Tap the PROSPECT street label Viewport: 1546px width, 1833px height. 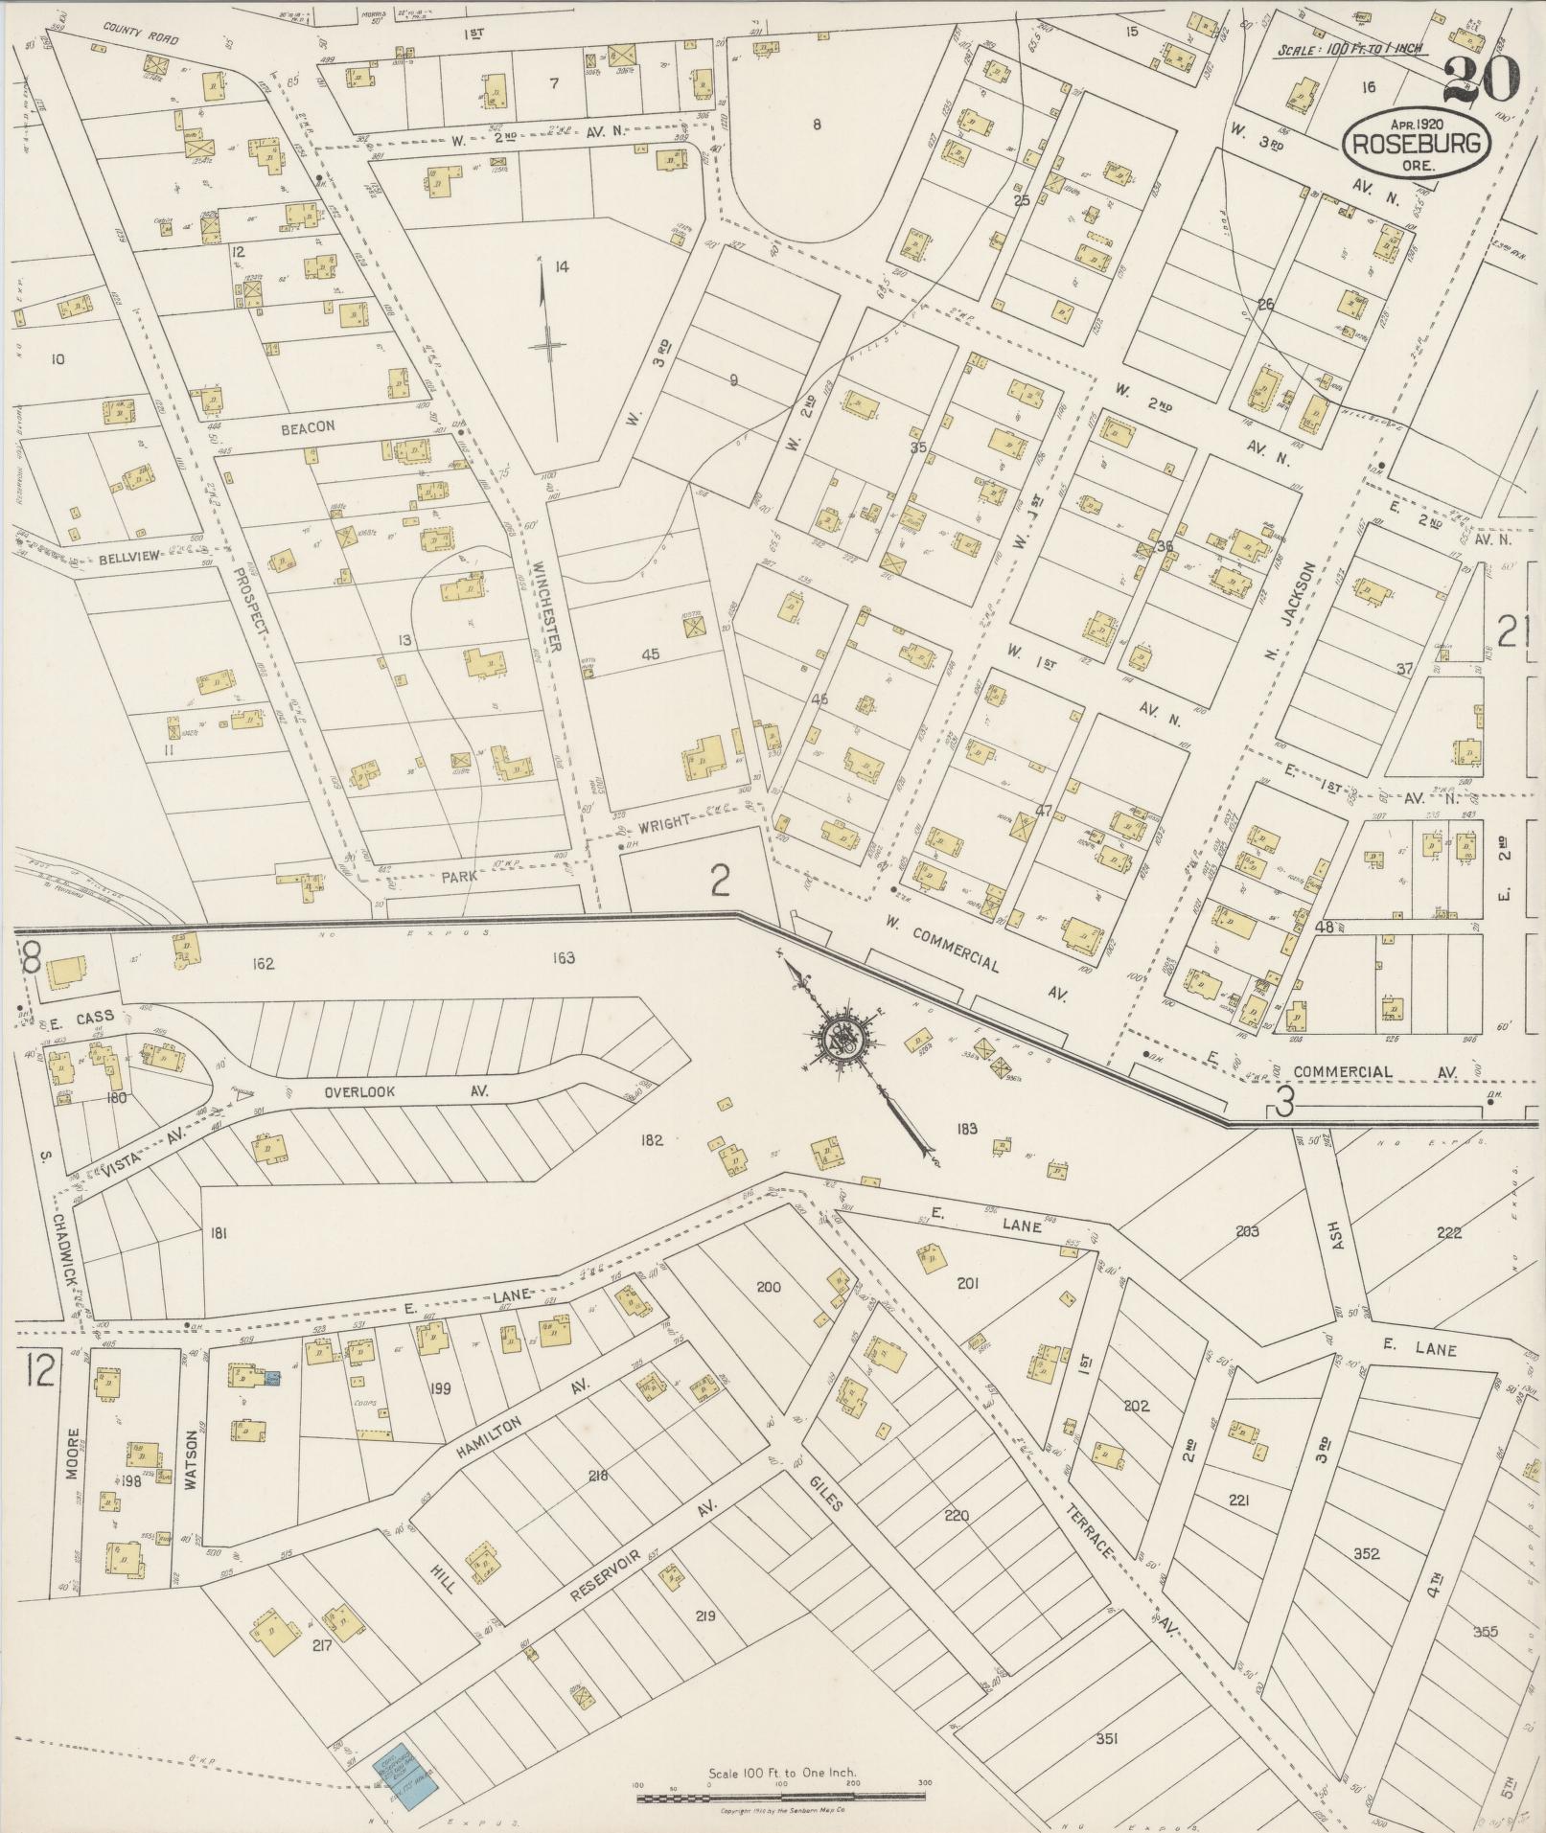pos(247,605)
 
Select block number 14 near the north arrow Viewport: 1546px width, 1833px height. pos(561,265)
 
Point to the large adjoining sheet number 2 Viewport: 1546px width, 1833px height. pos(719,880)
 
